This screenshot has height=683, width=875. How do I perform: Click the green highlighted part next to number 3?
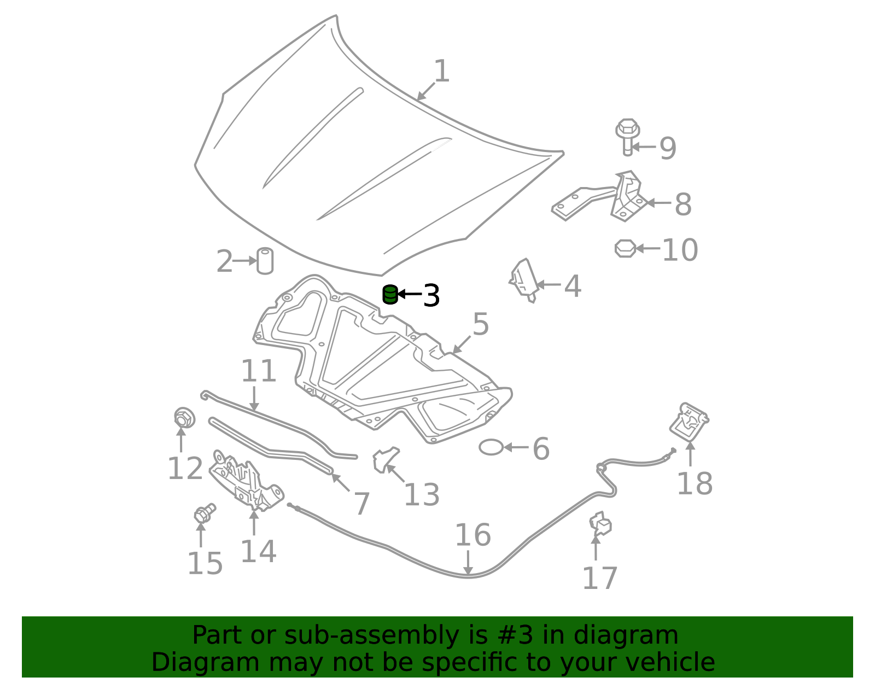coord(390,294)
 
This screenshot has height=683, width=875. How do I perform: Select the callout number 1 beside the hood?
coord(441,71)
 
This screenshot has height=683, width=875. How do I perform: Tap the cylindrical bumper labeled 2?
coord(265,261)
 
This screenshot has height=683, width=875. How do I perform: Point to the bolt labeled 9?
coord(627,137)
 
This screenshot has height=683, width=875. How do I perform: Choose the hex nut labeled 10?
coord(625,249)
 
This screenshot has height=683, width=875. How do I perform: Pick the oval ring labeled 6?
coord(491,447)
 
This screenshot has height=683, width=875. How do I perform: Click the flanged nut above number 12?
coord(184,418)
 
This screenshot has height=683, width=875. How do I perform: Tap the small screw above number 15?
coord(205,513)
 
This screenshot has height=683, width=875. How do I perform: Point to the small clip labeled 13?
coord(386,459)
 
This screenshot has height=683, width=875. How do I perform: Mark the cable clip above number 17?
coord(600,524)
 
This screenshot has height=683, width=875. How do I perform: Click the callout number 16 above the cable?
coord(472,535)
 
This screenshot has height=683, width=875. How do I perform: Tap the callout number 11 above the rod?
coord(258,371)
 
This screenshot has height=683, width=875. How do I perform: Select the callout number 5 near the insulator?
coord(480,324)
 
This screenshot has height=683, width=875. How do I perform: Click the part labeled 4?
coord(524,281)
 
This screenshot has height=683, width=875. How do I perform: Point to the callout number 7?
coord(361,504)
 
